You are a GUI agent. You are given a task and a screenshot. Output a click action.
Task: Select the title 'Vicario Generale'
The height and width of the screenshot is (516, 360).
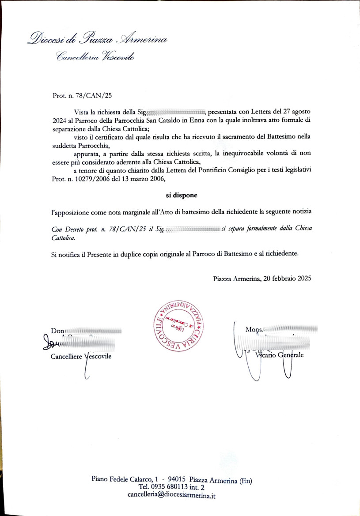click(279, 356)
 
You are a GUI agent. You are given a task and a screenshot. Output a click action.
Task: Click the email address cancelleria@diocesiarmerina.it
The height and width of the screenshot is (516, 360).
click(171, 495)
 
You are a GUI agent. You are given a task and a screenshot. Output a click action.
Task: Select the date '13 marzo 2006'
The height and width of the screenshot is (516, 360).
click(140, 179)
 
